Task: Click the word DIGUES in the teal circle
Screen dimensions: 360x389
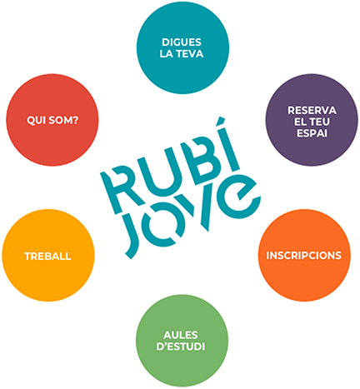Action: coord(182,42)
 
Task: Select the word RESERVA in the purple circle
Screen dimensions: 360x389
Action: coord(312,111)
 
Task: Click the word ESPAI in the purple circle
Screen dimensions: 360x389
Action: coord(312,133)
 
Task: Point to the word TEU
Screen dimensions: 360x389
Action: coord(319,122)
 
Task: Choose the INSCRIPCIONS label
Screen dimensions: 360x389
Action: coord(304,256)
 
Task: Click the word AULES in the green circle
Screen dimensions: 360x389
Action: coord(181,335)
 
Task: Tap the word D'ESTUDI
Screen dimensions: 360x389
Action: coord(181,347)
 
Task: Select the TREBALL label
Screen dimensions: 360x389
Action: coord(47,257)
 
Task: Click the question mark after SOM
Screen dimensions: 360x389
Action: coord(76,120)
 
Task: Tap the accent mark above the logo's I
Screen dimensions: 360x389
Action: coord(221,121)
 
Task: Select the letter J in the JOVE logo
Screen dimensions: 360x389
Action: coord(132,235)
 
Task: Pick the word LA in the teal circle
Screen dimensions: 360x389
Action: coord(166,54)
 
